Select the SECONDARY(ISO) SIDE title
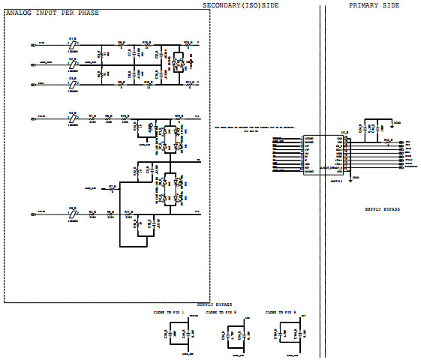pyautogui.click(x=247, y=5)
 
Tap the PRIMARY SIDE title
pyautogui.click(x=374, y=5)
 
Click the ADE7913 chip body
pyautogui.click(x=320, y=154)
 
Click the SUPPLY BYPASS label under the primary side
pyautogui.click(x=382, y=209)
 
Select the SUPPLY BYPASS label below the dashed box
pyautogui.click(x=215, y=304)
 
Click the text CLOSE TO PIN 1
pyautogui.click(x=170, y=311)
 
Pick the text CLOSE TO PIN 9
pyautogui.click(x=281, y=311)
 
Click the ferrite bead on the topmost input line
pyautogui.click(x=73, y=44)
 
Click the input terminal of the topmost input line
pyautogui.click(x=32, y=45)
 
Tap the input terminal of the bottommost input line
pyautogui.click(x=32, y=214)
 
